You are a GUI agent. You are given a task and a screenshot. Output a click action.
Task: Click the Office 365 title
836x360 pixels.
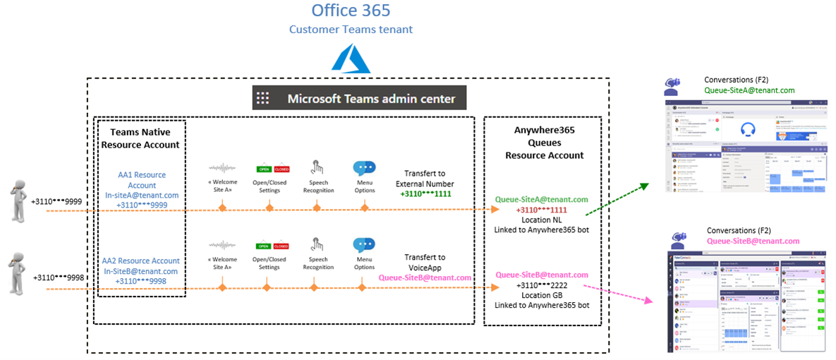[x=351, y=11]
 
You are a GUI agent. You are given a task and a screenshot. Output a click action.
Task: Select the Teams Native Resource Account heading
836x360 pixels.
[x=140, y=138]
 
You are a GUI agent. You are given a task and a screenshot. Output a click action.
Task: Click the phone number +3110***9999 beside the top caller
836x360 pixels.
[x=56, y=202]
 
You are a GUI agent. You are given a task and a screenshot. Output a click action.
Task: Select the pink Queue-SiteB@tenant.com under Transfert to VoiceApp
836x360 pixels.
[x=425, y=277]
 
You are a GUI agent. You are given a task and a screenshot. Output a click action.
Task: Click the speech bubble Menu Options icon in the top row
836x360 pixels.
[x=364, y=169]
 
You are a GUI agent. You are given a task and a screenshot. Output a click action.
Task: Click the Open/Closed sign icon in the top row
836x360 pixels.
[x=272, y=169]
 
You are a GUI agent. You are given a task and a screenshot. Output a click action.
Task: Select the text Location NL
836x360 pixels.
[x=542, y=220]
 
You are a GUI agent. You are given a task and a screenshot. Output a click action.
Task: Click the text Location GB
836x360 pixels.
[x=542, y=294]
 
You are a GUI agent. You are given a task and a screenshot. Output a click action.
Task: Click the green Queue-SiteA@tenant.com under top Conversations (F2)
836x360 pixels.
[x=749, y=90]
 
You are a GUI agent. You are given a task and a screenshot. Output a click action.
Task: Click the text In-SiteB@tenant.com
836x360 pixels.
[x=141, y=271]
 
